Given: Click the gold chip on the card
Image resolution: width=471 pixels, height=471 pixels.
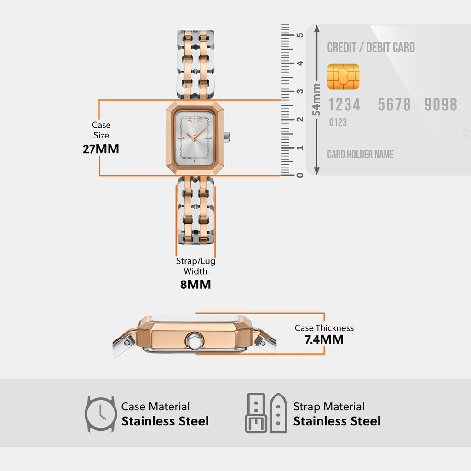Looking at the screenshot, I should (343, 77).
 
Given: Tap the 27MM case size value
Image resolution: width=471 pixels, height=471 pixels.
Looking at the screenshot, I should (101, 149).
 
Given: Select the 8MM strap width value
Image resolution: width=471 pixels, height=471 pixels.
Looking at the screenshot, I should (195, 284).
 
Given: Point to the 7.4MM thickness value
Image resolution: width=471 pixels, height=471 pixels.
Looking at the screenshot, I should (324, 340).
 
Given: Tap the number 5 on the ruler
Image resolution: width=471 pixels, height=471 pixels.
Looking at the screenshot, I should (300, 35).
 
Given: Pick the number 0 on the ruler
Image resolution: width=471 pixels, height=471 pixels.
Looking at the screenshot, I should (300, 175).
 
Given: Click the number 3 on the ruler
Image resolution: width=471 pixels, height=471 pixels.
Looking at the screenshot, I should (300, 92).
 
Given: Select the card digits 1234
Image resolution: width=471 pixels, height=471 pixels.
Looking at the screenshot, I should (344, 105).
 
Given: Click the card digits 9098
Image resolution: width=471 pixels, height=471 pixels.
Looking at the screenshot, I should (441, 105).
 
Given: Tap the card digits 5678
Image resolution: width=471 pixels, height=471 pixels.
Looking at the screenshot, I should (394, 105).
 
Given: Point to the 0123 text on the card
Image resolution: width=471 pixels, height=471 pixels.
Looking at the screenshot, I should (338, 122).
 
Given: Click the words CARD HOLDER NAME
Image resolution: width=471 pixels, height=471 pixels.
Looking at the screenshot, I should (360, 155).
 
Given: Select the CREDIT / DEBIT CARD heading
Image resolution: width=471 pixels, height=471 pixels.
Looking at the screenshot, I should (371, 47).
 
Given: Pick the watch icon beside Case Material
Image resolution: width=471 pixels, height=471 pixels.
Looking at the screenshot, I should (100, 414).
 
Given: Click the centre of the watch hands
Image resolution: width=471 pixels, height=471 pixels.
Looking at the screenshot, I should (195, 137).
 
